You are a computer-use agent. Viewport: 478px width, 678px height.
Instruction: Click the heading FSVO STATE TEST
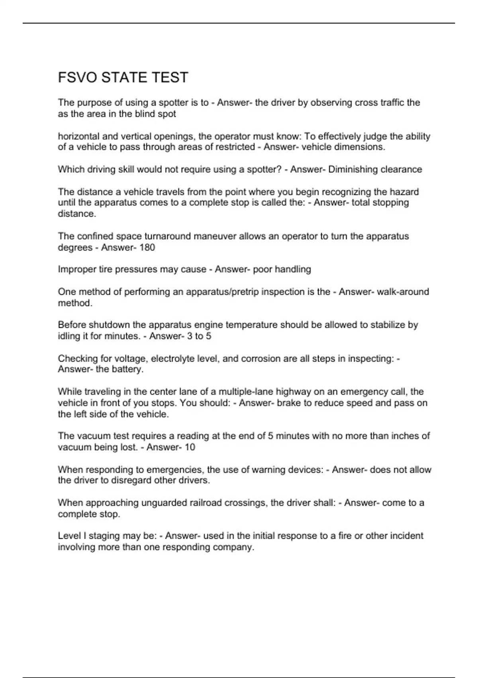coord(123,77)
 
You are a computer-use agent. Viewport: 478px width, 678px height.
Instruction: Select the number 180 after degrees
coord(147,247)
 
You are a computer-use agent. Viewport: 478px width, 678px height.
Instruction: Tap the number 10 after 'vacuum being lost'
coord(190,447)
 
